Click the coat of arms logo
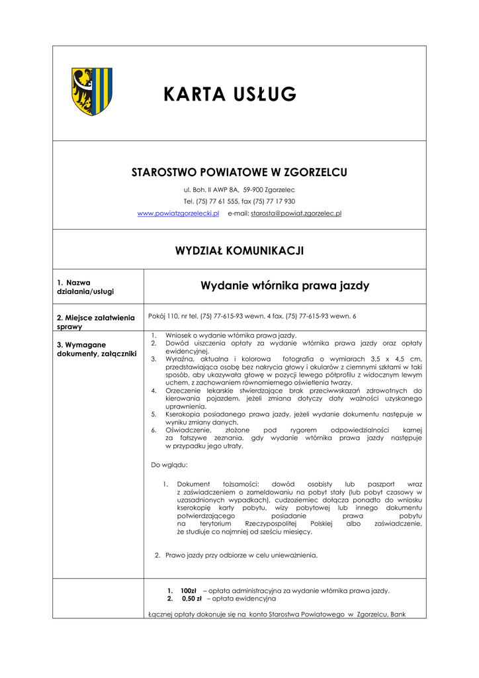coord(91,91)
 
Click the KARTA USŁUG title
coord(230,95)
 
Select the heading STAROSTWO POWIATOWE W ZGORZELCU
coord(239,172)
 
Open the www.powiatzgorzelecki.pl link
coord(178,213)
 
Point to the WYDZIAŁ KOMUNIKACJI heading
coord(239,250)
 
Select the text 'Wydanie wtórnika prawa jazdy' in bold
coord(284,286)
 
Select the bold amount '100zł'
coord(189,591)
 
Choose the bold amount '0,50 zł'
coord(191,598)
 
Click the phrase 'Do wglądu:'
coord(169,464)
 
